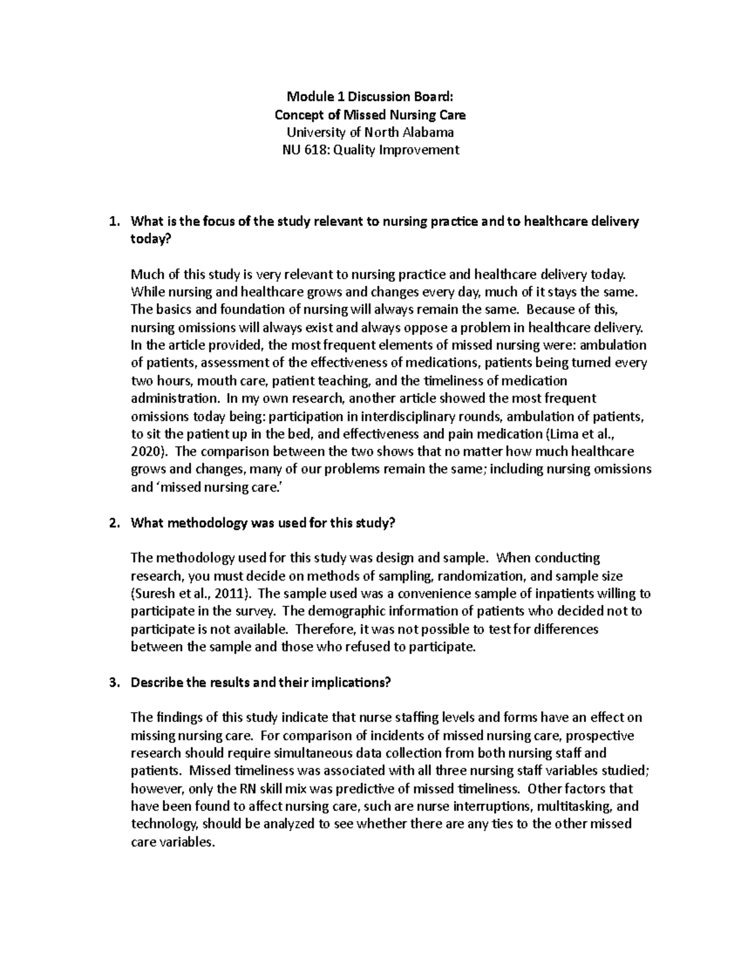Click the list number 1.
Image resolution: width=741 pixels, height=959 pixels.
112,222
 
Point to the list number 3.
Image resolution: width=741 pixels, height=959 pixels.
112,682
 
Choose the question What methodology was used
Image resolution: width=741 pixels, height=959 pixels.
262,523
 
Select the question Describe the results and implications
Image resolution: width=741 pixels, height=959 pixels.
261,682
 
